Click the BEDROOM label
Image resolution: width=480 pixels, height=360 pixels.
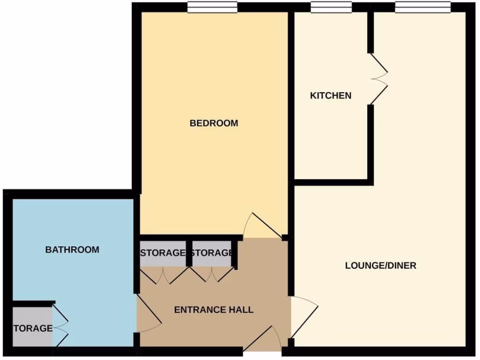tap(214, 123)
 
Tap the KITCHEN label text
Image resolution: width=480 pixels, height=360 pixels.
tap(330, 96)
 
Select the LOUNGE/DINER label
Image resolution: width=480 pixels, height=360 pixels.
tap(381, 266)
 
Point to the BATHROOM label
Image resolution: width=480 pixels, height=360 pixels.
tap(72, 250)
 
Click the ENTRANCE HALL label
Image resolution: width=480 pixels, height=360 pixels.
tap(214, 310)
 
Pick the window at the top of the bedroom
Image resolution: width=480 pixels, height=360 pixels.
tap(212, 7)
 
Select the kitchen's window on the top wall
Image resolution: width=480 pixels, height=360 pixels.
tap(331, 7)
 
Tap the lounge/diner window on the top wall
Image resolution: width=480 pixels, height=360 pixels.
tap(422, 7)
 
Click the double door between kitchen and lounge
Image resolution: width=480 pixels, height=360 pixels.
tap(379, 79)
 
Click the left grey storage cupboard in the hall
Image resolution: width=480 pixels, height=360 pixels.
tap(163, 254)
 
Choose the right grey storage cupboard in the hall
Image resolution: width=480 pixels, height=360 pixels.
tap(212, 254)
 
